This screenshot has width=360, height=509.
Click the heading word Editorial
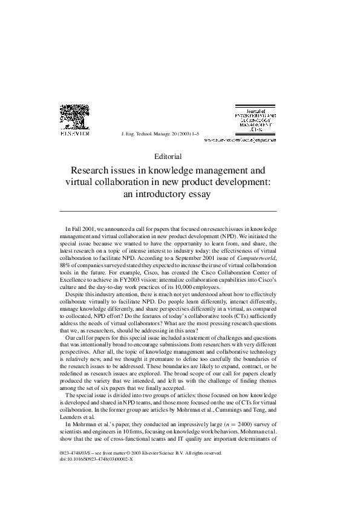168,157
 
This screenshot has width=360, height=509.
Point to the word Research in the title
93,172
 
